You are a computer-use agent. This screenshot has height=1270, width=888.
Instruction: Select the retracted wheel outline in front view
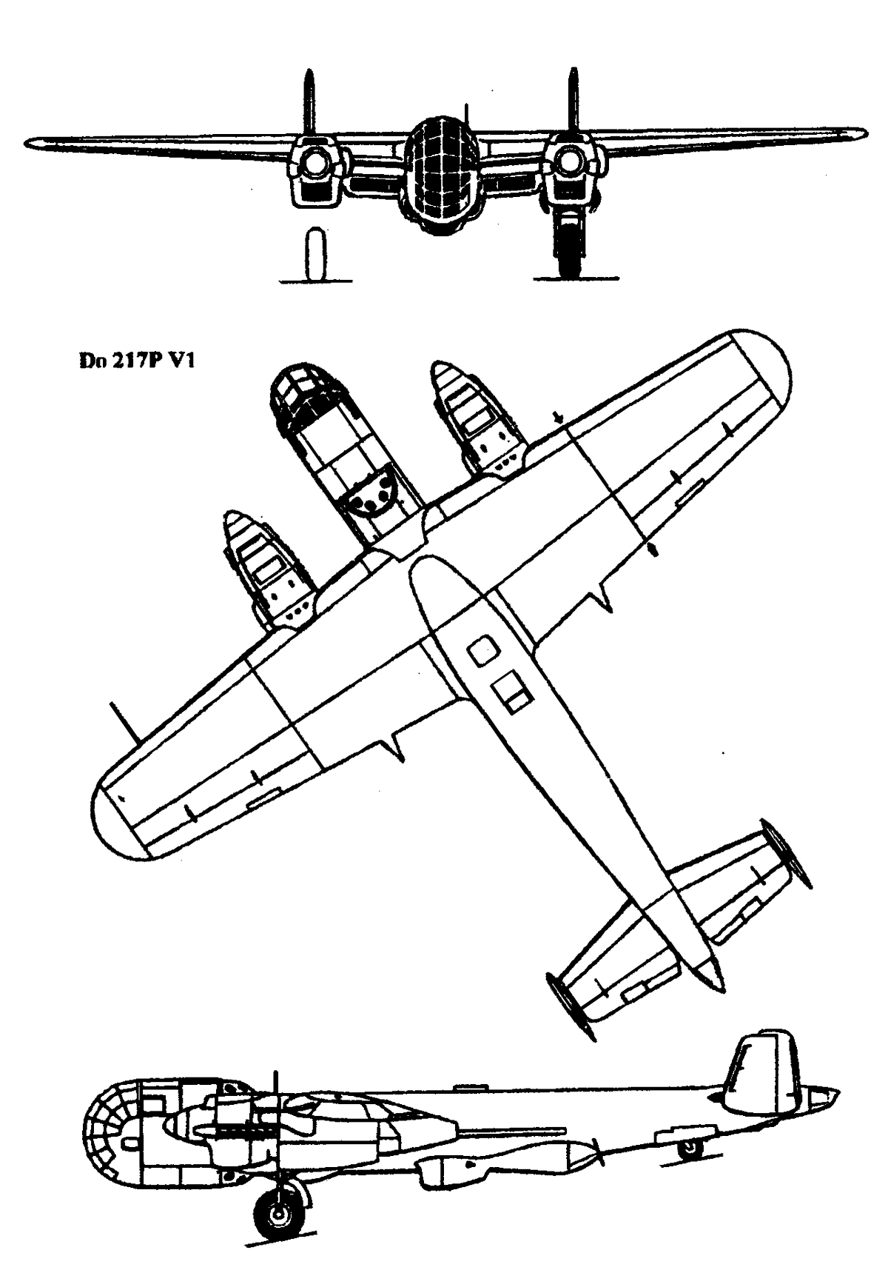(316, 255)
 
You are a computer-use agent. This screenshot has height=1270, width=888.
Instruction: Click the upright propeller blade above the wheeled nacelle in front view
(571, 103)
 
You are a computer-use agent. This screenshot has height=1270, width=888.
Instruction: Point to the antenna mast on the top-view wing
(124, 721)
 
